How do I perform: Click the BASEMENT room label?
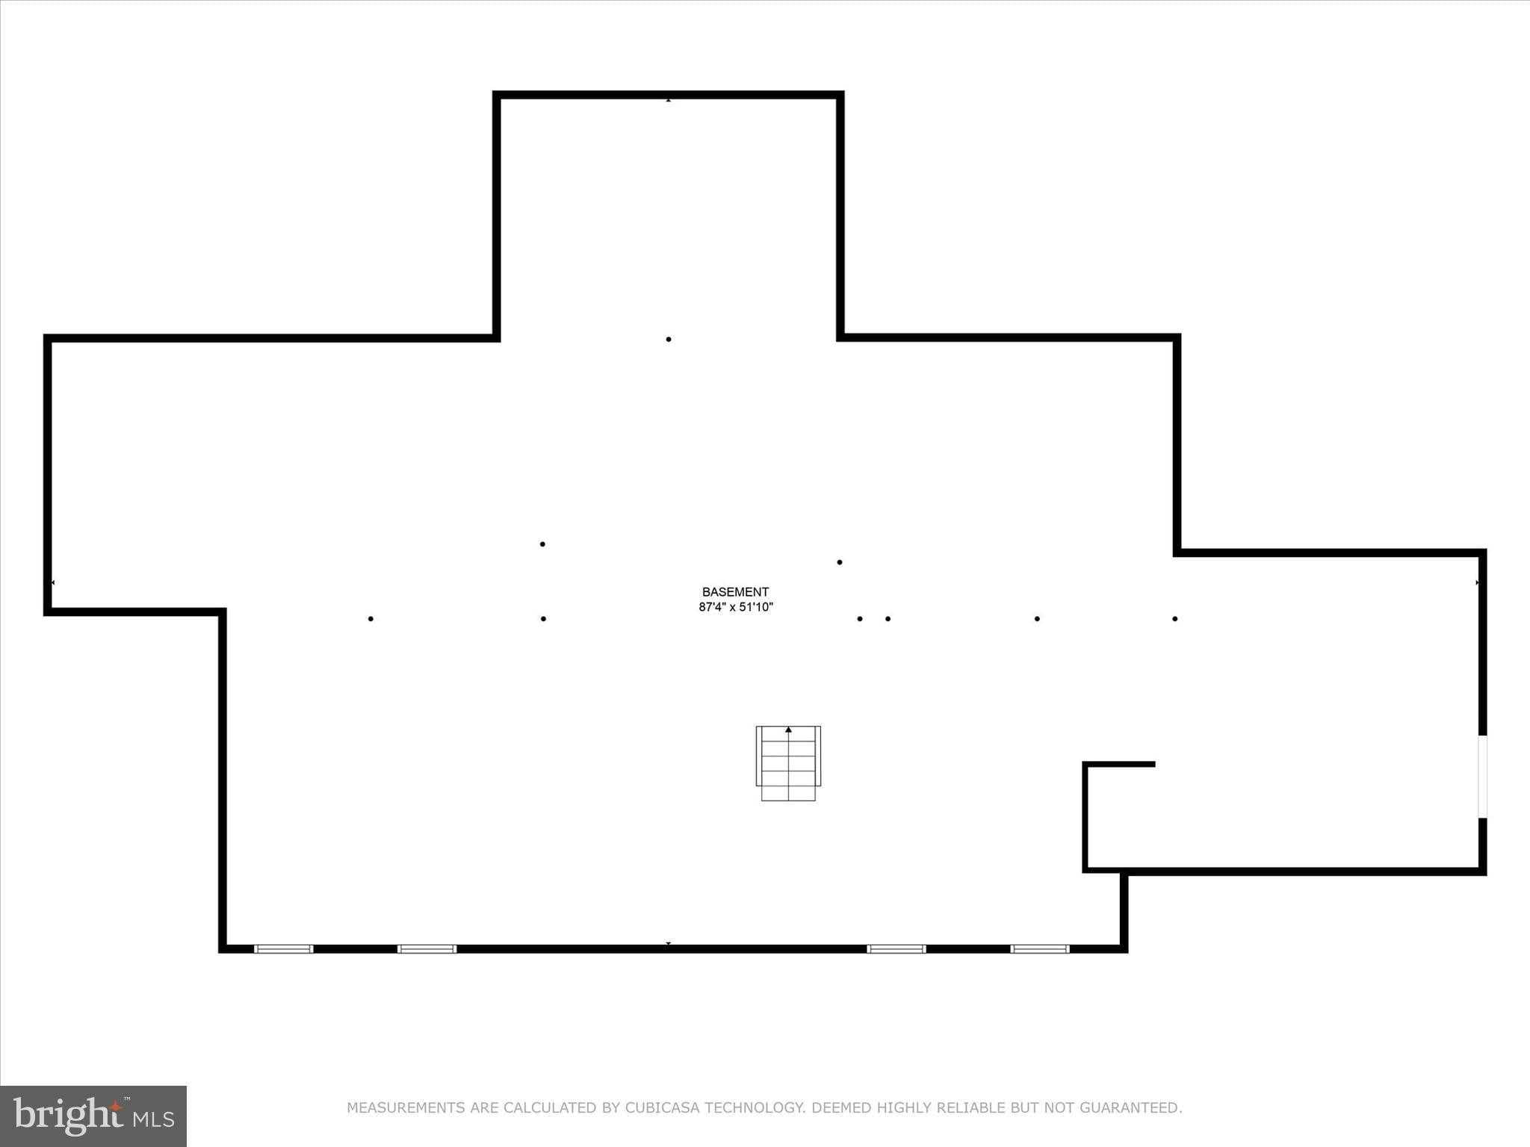(735, 592)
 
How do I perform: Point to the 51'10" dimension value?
(756, 607)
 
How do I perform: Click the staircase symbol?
(788, 763)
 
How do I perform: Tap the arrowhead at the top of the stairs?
(788, 729)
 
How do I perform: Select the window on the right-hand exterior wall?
(1482, 777)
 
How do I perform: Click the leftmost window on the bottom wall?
(283, 949)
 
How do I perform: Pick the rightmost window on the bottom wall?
(1040, 949)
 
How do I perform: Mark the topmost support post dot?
(669, 339)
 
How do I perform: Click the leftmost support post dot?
(371, 618)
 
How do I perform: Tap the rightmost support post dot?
(1175, 618)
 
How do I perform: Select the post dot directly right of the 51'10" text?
(860, 618)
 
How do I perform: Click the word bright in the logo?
(68, 1116)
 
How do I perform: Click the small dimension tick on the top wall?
(669, 99)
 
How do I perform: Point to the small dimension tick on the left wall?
(52, 582)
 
